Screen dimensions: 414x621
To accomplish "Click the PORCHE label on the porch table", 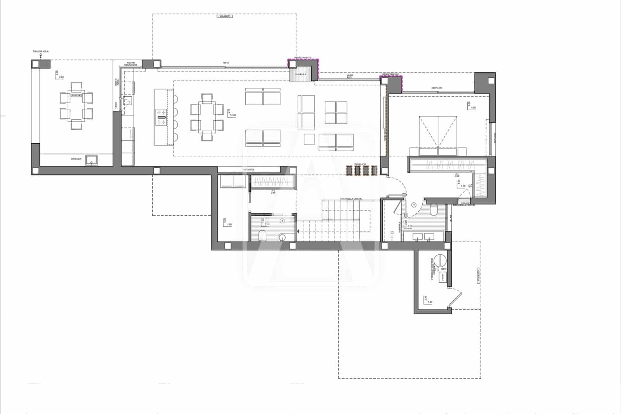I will (x=76, y=95).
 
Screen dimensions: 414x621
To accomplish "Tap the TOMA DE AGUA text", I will (x=40, y=51).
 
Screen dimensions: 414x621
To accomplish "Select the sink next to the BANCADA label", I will (x=92, y=160).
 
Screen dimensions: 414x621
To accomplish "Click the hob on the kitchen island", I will (x=161, y=117).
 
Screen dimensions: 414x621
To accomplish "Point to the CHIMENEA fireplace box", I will (x=300, y=74).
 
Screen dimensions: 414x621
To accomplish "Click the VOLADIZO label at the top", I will (x=225, y=16).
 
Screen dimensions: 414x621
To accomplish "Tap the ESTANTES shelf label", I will (x=249, y=170).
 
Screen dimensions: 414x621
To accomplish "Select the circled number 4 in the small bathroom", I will (x=283, y=221).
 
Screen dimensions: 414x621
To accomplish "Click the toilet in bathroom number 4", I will (x=262, y=235).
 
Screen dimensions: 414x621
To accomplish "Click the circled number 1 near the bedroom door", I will (x=414, y=205).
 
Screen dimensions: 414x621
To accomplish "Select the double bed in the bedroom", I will (x=438, y=132).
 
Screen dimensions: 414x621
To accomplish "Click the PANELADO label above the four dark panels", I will (x=360, y=164).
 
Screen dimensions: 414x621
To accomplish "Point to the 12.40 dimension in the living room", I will (x=233, y=115).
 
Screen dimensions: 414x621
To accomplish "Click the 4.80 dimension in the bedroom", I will (x=473, y=108).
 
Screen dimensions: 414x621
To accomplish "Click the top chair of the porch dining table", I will (x=76, y=86).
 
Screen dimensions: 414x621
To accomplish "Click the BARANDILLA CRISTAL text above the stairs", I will (x=351, y=199).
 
